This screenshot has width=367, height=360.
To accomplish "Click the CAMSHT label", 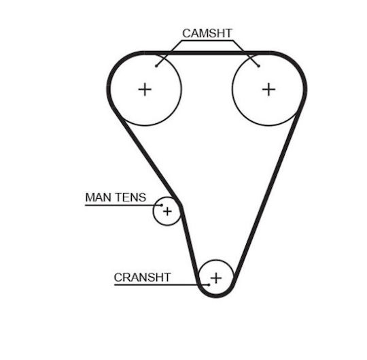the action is coord(207,33).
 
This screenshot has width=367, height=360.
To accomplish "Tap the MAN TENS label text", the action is coord(116,197).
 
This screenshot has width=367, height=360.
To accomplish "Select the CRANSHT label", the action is coord(142,277).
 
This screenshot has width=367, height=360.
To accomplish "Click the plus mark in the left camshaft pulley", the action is coord(145,89).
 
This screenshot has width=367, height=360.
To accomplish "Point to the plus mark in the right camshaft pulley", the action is coord(268,89).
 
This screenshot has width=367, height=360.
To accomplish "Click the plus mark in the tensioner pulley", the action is coord(167,212).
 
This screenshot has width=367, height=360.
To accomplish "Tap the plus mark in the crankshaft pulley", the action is coord(216,278).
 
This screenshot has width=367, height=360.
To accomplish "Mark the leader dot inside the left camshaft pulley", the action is coord(156,66).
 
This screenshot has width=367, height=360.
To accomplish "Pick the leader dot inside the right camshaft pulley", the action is coord(259,66).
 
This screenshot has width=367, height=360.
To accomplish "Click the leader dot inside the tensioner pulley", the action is coord(162,206).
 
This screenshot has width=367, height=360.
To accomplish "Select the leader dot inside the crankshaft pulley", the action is coord(209,285).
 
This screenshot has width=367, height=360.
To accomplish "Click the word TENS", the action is coord(131,197).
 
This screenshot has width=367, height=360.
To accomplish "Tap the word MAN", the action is coord(99,197).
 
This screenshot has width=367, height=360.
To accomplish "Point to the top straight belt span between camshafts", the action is coord(207,53).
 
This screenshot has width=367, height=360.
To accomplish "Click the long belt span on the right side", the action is coord(267,195).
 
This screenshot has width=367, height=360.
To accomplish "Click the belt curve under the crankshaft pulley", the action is coord(216,296).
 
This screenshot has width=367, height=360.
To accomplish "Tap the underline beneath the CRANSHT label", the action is coord(161,285).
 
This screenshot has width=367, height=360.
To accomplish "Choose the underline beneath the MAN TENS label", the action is coord(123,206).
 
